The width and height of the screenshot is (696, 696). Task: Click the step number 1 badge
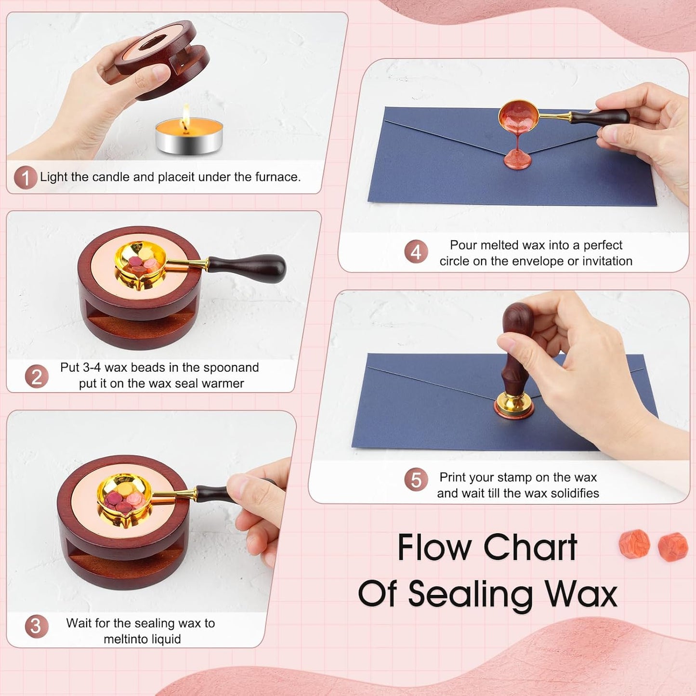(x=25, y=178)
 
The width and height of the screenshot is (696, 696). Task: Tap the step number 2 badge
(x=37, y=376)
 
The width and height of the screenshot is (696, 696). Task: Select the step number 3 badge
(x=36, y=626)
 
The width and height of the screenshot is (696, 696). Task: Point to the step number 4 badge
(x=416, y=252)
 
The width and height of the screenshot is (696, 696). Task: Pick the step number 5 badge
(x=416, y=480)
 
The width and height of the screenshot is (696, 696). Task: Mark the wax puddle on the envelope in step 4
(x=518, y=160)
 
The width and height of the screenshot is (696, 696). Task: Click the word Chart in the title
(x=530, y=548)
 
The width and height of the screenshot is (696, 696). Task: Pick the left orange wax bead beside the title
(x=634, y=544)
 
